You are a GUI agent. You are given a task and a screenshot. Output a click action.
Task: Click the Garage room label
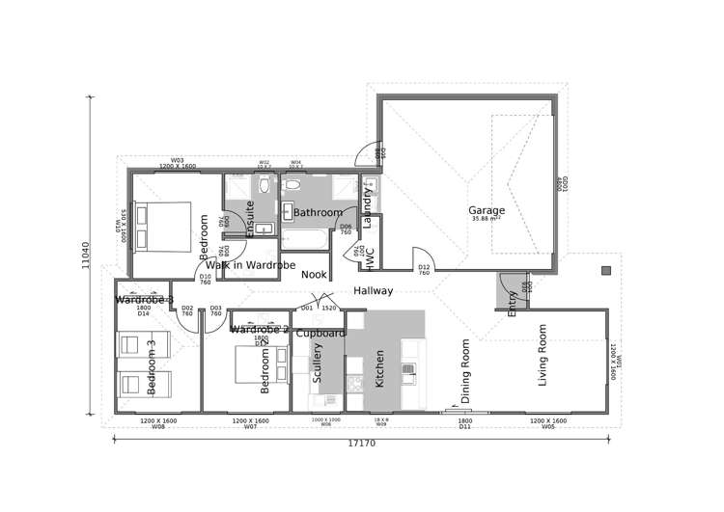[487, 210]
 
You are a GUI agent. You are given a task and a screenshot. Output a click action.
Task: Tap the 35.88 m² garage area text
[487, 220]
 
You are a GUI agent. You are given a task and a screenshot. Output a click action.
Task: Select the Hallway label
[372, 290]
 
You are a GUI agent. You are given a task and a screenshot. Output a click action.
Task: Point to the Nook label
[313, 274]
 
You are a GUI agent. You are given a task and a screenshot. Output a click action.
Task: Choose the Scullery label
[318, 369]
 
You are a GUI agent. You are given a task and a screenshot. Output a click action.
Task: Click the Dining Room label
[465, 370]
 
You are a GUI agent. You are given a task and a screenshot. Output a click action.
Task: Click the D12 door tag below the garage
[423, 269]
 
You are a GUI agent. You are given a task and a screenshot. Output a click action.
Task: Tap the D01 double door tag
[307, 308]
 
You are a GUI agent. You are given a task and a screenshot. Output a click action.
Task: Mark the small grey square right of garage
[605, 270]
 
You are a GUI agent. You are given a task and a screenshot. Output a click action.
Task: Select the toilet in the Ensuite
[264, 182]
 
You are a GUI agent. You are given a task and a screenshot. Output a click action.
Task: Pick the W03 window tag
[178, 162]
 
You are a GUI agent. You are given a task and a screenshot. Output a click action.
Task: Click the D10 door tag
[205, 279]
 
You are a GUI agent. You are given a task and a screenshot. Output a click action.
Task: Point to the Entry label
[512, 302]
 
